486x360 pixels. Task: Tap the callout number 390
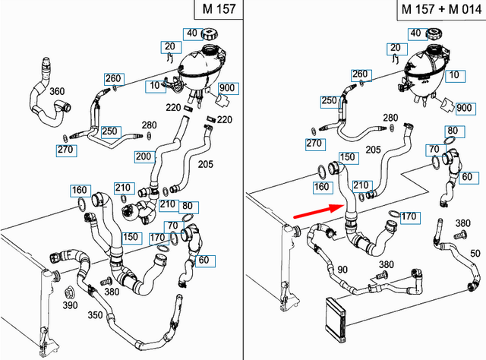click(70, 305)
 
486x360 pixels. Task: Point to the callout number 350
click(96, 314)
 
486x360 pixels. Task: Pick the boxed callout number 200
click(143, 156)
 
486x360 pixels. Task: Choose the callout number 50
click(475, 252)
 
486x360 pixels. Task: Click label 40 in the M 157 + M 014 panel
click(415, 33)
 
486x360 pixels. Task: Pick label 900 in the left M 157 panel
click(226, 89)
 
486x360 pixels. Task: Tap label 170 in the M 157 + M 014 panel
click(408, 217)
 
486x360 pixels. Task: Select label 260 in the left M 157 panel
click(113, 78)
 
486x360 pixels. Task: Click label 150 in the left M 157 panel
click(131, 237)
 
